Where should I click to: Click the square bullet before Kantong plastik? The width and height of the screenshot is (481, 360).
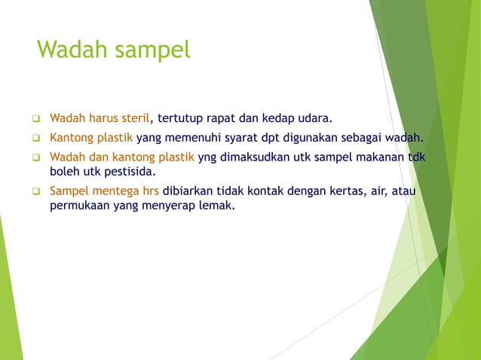point(35,138)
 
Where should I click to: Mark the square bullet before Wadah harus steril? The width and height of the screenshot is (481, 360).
point(35,118)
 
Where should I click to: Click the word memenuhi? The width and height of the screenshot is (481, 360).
point(193,138)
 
